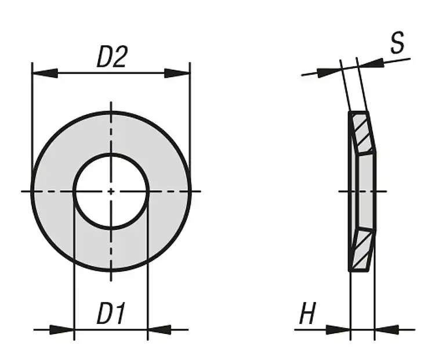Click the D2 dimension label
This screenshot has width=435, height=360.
111,57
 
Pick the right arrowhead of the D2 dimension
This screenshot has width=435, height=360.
177,73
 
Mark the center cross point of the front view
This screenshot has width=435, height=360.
111,191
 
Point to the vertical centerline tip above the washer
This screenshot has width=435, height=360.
111,105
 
